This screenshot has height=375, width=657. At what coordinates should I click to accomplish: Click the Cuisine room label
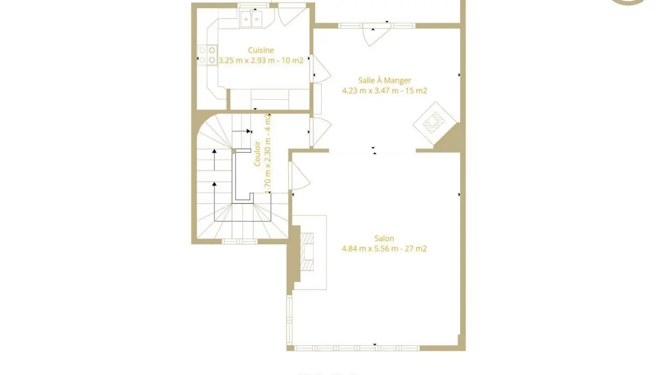point(261,50)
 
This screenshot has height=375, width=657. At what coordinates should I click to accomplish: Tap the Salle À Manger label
point(384,81)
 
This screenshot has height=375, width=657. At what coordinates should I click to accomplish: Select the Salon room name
point(384,238)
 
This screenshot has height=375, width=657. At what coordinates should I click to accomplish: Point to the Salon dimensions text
point(384,249)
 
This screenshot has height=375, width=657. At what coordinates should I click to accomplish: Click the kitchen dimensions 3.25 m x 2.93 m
point(261,60)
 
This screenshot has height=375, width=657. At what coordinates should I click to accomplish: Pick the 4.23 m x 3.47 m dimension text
point(384,91)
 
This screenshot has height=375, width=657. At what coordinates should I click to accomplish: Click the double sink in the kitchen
point(252,19)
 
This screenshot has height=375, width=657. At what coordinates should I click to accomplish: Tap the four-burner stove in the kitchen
point(207,55)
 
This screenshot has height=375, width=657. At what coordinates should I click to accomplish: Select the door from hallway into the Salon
point(299,177)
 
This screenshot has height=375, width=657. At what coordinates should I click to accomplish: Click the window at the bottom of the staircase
point(240,241)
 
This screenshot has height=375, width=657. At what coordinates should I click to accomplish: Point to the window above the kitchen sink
point(253,5)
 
